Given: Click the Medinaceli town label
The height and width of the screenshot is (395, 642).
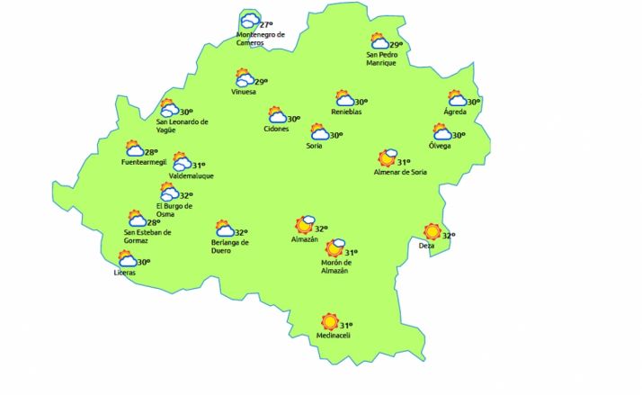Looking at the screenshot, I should [333, 337].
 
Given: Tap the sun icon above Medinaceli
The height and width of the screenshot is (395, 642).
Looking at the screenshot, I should [330, 321].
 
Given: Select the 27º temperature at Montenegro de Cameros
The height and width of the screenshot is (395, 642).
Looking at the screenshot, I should [266, 24].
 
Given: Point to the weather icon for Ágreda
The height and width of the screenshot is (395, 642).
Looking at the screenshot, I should [458, 100].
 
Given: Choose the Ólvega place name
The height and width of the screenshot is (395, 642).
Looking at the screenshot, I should [441, 146].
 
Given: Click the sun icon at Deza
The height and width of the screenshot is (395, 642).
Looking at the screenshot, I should [432, 232].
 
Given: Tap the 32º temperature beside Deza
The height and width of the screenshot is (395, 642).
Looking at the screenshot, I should [449, 236].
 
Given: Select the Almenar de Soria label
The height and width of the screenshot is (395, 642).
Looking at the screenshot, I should [405, 171].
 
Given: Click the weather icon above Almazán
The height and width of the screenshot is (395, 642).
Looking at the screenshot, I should [305, 225].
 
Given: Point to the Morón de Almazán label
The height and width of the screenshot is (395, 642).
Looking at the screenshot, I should [335, 267].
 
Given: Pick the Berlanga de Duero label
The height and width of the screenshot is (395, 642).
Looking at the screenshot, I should [229, 247].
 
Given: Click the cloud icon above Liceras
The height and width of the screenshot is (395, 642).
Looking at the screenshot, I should [127, 259].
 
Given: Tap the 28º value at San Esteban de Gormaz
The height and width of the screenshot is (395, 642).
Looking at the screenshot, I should [154, 222].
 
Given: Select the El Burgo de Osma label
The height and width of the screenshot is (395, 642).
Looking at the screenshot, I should [174, 210].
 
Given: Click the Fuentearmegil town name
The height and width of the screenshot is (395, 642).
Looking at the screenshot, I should [144, 163].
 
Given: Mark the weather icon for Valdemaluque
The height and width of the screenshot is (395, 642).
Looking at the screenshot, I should [182, 163].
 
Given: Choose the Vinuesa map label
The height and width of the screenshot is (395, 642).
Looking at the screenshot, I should [244, 92].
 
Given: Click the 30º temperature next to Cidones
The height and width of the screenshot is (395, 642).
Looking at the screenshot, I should [293, 119].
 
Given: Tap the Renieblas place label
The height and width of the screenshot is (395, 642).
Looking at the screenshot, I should [346, 112].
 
